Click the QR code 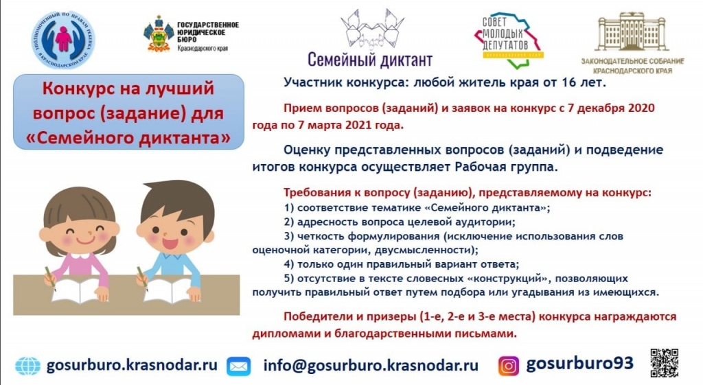point(664,363)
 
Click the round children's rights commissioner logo point(63,38)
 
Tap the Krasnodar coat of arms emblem point(159,34)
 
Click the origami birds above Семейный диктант point(369,28)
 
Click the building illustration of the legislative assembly point(633,30)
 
